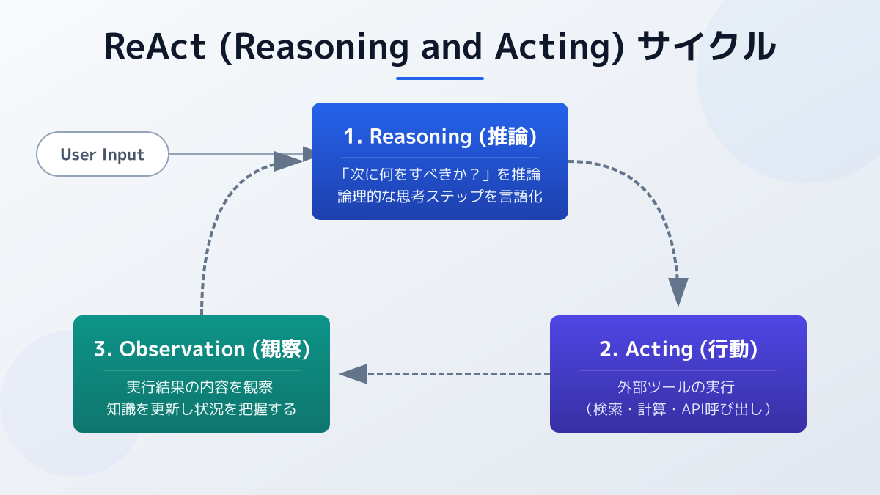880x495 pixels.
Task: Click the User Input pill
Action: coord(103,154)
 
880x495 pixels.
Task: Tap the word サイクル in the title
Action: coord(706,47)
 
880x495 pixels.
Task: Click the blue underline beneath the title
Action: coord(440,78)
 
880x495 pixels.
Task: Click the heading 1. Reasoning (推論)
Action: coord(440,136)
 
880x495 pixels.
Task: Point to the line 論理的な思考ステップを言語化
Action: coord(440,196)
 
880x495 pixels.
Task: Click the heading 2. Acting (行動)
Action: coord(678,349)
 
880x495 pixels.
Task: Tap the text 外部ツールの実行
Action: coord(678,387)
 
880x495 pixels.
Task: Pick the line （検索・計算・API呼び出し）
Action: coord(678,408)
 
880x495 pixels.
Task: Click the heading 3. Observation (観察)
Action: coord(202,349)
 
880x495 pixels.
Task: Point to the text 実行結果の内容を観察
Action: coord(202,387)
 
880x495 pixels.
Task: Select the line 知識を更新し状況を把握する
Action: coord(202,408)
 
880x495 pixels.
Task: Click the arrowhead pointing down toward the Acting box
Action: coord(678,291)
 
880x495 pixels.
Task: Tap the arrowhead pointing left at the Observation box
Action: coord(353,374)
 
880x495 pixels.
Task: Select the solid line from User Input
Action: coord(220,154)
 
